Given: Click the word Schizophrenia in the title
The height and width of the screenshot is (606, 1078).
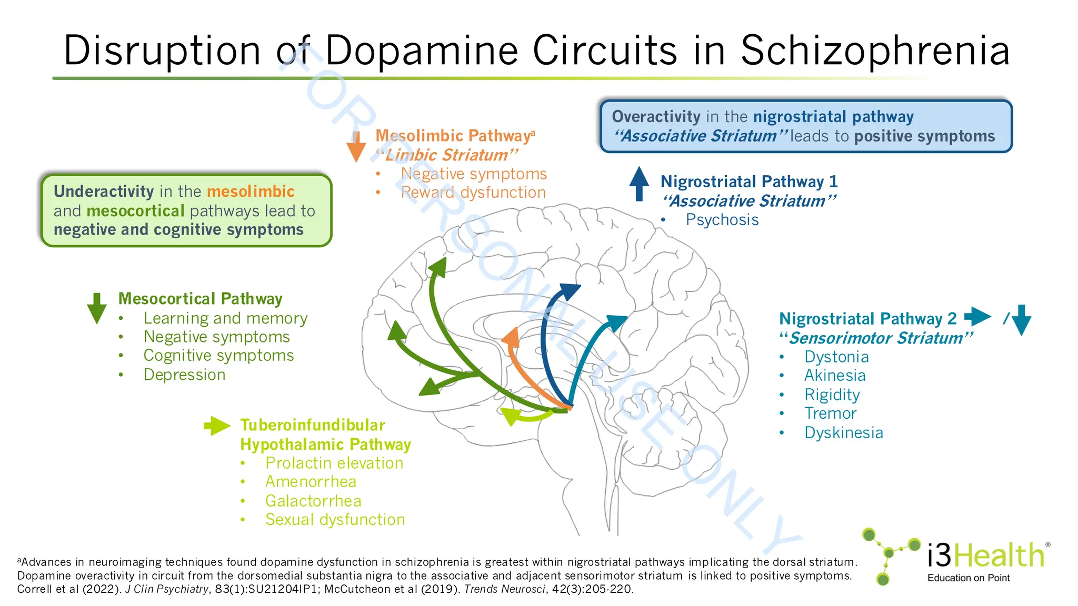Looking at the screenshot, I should point(875,51).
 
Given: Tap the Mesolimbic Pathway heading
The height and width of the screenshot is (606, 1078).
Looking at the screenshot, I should point(453,136).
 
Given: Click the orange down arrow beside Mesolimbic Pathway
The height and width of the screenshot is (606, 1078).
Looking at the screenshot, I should point(356,147).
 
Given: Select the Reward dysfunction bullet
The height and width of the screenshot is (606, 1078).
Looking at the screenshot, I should point(473,193).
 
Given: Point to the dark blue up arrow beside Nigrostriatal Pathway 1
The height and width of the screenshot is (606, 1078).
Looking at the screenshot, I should point(639,184).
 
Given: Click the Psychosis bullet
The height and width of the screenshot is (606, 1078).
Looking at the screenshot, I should point(722,220).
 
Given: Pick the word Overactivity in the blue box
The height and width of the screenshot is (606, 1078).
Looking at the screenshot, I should point(656,117).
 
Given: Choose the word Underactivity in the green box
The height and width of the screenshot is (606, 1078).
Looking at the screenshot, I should point(104,191).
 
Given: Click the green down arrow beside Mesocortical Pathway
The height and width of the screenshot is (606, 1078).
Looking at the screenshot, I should point(97,308).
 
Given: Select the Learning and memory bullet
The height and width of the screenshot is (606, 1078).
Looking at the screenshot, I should point(225,318).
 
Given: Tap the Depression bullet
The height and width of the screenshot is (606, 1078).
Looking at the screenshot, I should point(184,375).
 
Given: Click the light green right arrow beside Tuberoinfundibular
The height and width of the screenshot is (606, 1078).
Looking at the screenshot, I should point(217,426).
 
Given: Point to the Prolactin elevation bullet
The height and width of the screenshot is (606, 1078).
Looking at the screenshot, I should point(334,463).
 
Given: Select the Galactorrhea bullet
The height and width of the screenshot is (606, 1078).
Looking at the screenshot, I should point(313,501).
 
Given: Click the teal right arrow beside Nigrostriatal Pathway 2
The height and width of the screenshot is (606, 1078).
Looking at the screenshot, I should point(977,317).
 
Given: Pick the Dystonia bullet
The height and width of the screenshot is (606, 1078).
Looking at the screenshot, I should point(836,357).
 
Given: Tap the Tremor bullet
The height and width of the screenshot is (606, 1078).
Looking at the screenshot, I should point(830,414).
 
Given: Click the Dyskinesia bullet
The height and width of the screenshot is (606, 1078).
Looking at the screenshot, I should point(843,433).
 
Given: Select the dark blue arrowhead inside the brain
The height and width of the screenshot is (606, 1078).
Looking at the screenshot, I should point(570,290).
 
